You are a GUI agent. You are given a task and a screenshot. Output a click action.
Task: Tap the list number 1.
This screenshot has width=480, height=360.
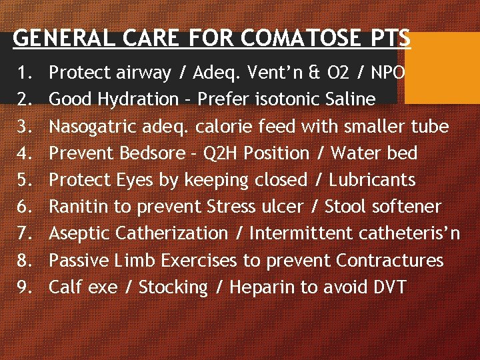(22, 73)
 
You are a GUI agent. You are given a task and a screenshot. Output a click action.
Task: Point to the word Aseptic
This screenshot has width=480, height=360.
(80, 233)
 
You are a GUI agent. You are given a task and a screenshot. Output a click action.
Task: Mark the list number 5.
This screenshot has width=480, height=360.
(22, 180)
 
